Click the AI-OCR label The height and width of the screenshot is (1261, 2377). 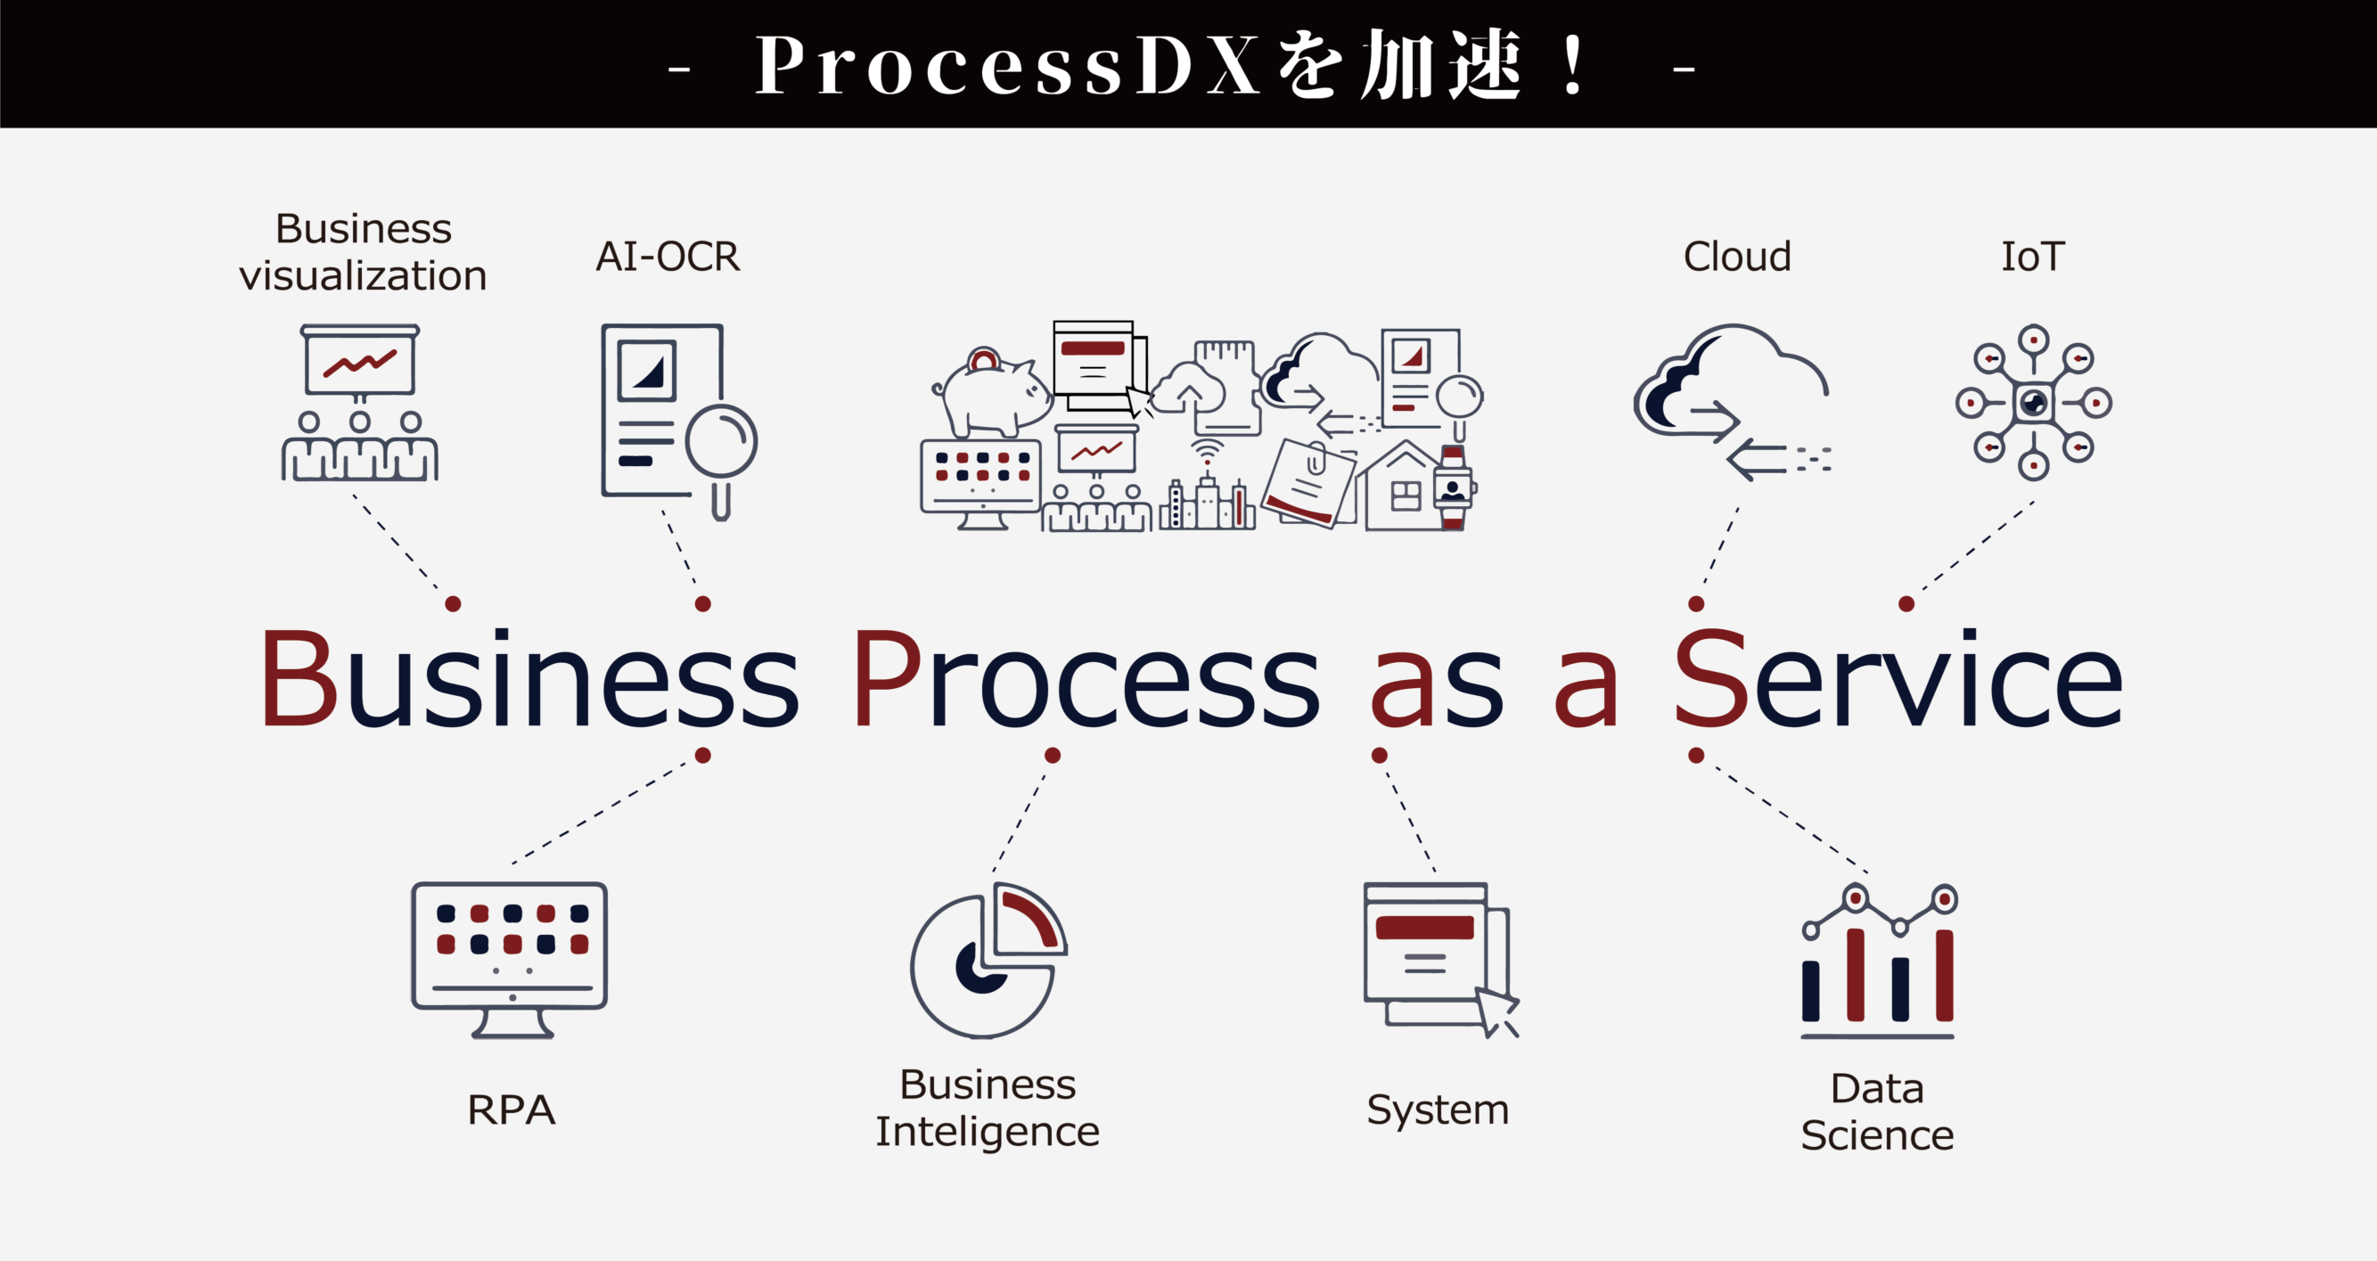click(x=668, y=257)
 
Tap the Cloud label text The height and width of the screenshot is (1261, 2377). click(x=1736, y=257)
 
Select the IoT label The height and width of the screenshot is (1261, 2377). click(x=2032, y=257)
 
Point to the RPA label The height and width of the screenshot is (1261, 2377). click(x=512, y=1110)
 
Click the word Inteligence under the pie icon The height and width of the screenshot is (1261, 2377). click(x=988, y=1132)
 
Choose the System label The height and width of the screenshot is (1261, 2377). click(x=1438, y=1110)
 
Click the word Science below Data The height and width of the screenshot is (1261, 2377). click(x=1877, y=1135)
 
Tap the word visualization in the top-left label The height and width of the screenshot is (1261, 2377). click(x=363, y=275)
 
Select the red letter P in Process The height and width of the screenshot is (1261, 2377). click(x=885, y=679)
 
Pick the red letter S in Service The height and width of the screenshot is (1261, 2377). click(x=1709, y=679)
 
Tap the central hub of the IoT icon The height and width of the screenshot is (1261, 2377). click(x=2034, y=402)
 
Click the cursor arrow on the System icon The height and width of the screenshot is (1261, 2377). click(x=1495, y=1011)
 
